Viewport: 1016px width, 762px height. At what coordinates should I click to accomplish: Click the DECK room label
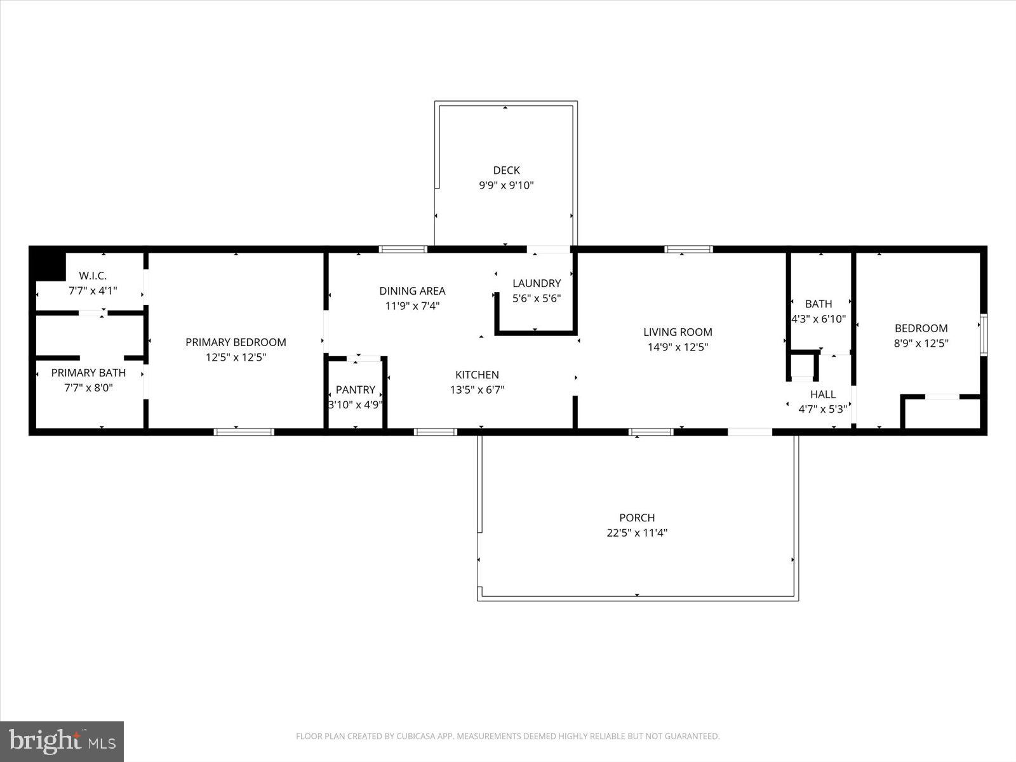pos(506,170)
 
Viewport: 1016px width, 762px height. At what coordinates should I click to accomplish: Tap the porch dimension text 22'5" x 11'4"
pos(636,533)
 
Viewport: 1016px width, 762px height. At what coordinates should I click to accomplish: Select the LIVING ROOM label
pos(678,331)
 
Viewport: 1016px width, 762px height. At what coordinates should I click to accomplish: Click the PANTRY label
pos(355,389)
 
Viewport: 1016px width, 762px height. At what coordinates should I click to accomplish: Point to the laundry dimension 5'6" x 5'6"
pos(537,298)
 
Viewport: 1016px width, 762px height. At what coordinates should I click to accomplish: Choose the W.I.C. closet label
pos(93,276)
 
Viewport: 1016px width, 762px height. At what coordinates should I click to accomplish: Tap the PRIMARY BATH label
pos(88,373)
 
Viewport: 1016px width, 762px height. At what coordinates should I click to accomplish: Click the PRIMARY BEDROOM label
pos(236,342)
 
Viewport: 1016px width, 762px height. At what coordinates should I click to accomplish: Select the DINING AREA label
pos(412,291)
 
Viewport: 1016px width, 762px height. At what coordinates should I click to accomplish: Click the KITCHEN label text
pos(477,375)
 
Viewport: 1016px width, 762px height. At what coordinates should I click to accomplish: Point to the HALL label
pos(822,394)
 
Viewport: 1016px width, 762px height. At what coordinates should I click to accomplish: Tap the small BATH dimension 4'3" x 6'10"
pos(819,319)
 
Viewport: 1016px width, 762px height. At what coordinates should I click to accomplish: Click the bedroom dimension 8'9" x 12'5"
pos(921,344)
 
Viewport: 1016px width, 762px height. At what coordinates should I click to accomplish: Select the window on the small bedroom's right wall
pos(983,334)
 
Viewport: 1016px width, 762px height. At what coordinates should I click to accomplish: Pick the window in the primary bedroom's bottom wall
pos(244,432)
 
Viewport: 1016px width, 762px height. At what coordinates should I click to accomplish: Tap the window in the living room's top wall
pos(688,249)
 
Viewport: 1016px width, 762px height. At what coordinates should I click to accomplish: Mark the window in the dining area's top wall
pos(403,249)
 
